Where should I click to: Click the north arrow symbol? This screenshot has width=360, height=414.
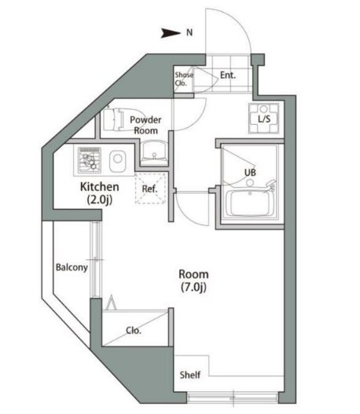(171, 33)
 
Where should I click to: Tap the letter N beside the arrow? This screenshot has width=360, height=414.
(189, 33)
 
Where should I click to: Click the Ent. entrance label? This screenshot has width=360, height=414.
(229, 76)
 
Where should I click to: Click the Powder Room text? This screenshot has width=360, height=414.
(145, 125)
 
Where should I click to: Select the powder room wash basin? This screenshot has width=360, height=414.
(152, 150)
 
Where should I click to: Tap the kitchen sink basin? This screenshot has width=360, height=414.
(117, 162)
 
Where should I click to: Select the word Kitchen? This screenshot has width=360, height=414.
(100, 187)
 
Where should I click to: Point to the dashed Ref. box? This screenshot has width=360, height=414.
(149, 189)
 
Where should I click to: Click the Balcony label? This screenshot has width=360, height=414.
(72, 267)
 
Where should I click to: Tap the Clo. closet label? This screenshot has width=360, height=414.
(134, 331)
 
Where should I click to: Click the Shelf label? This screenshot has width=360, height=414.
(189, 374)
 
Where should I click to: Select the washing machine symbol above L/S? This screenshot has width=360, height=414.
(264, 108)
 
